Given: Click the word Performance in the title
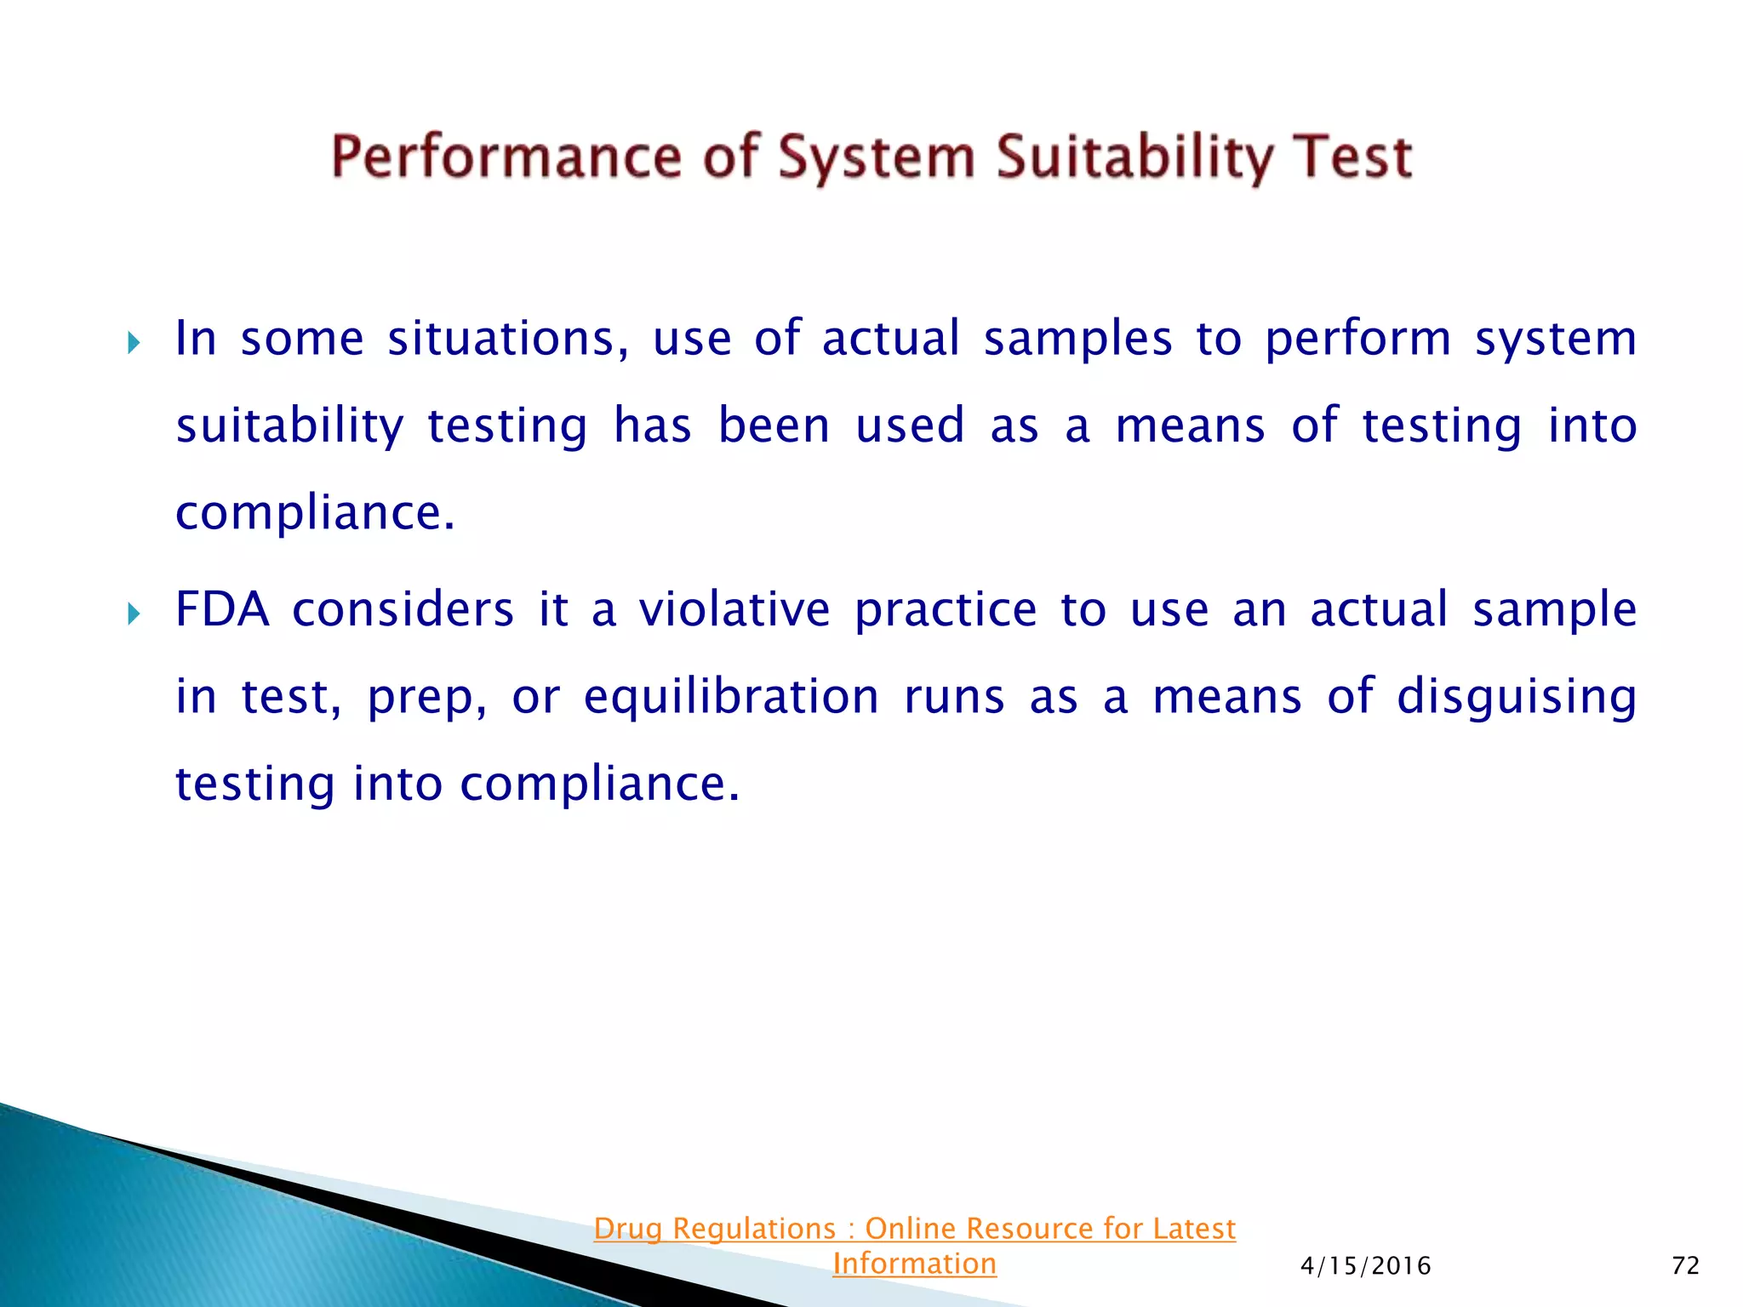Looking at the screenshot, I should click(506, 157).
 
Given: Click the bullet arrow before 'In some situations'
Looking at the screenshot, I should click(134, 344).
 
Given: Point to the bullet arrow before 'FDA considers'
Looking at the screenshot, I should click(134, 614).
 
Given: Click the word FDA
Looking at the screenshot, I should click(221, 609).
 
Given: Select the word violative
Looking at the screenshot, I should click(734, 609).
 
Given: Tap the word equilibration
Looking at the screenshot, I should click(731, 697).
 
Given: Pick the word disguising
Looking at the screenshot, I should click(1517, 697).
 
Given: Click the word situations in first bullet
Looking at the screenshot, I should click(508, 339).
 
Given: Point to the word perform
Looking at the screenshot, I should click(1357, 339).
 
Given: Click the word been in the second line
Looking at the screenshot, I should click(774, 425).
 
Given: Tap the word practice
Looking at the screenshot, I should click(946, 609).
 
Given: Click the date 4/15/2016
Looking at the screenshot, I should click(1365, 1266).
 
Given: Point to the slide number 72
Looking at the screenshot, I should click(1685, 1266).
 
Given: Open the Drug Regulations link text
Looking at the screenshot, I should click(914, 1229).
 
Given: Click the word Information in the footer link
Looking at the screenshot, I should click(914, 1264).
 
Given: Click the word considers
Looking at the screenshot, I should click(403, 609).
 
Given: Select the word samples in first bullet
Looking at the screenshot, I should click(1077, 339).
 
